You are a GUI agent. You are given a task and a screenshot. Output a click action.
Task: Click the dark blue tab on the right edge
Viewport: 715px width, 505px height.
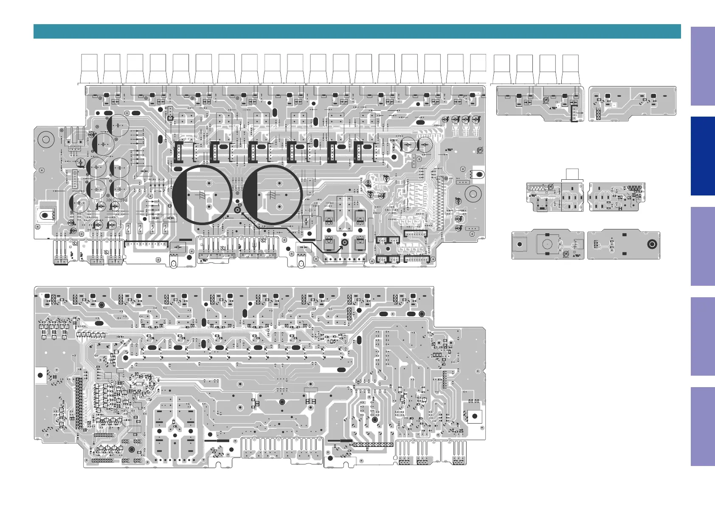coord(702,156)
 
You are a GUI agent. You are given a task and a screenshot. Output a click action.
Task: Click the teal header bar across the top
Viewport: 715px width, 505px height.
coord(357,31)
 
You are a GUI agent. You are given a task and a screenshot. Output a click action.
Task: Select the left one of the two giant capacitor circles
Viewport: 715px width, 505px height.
coord(202,195)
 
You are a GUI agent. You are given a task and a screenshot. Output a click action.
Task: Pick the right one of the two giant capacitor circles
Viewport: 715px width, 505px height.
coord(273,195)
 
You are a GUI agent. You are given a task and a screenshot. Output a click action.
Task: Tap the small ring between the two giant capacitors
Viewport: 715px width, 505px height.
coord(238,209)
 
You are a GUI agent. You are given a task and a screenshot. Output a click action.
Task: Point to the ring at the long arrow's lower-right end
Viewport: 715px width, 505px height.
coord(345,243)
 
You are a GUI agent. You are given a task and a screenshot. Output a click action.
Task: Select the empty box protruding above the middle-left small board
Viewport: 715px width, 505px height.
coord(572,174)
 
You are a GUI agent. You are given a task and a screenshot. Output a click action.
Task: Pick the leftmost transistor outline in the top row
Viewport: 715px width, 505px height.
coord(90,69)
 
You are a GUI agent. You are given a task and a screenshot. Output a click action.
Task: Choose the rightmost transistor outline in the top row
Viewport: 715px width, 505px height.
coord(570,70)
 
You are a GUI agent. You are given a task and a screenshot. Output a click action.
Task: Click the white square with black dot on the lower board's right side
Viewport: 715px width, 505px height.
coord(475,416)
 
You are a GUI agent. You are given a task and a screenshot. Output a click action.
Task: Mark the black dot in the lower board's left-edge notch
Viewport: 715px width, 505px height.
coord(40,375)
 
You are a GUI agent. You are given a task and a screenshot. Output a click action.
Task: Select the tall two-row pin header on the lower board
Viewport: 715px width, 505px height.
coord(79,403)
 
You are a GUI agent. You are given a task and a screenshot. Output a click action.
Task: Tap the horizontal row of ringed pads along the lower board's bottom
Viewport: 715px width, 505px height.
coord(374,445)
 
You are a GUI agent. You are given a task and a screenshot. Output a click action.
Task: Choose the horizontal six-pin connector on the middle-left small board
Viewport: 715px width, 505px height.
coord(537,187)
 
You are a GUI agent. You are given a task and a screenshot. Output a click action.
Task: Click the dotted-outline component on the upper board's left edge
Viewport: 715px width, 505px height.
coord(45,215)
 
